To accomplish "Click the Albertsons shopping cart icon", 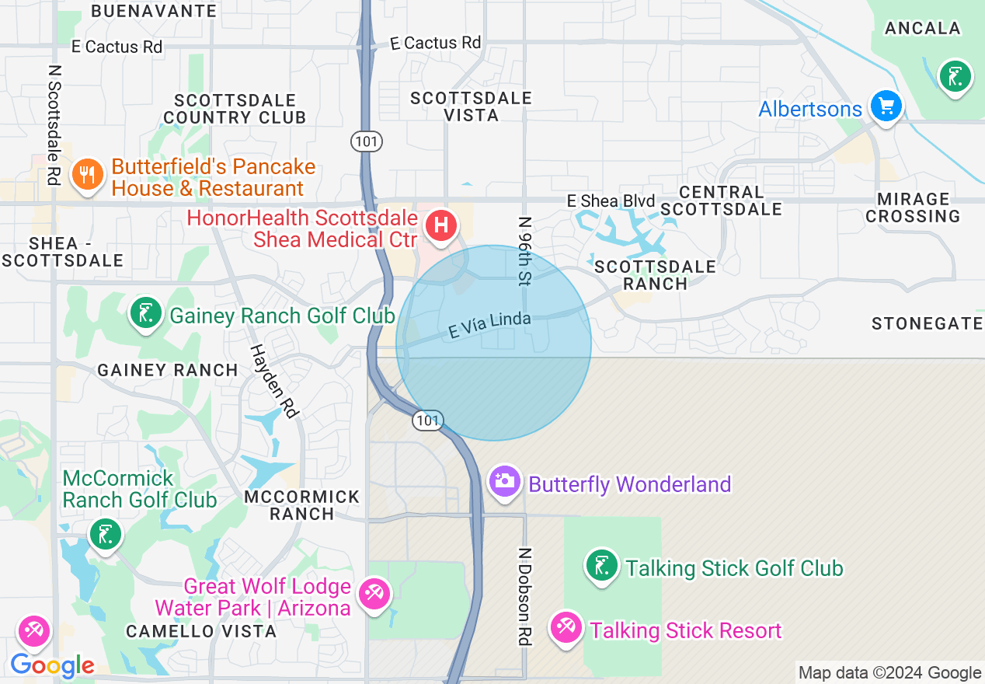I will (886, 105).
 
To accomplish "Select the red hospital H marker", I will (440, 226).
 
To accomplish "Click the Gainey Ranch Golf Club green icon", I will (145, 313).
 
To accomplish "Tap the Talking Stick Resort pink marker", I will (566, 626).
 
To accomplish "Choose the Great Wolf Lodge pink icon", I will (374, 595).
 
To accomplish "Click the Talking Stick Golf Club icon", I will (601, 565).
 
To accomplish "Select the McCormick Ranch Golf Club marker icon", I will (105, 535).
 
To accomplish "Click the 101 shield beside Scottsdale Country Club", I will (365, 141).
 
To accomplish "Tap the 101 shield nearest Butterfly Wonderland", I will (427, 421).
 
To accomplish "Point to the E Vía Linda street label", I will (489, 325).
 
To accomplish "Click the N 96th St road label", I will (525, 251).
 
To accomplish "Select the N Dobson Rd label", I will (525, 596).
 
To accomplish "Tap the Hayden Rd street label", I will (274, 381).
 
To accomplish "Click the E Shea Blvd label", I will (611, 201).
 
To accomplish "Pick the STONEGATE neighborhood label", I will (927, 323).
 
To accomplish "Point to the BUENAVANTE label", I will (154, 11).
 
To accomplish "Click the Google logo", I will (52, 665).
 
